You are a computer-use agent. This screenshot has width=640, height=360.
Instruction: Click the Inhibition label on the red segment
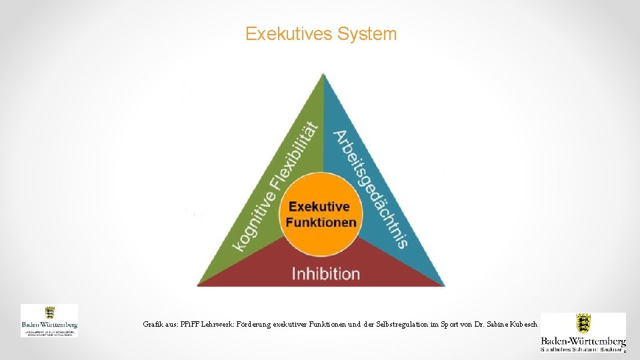tap(326, 273)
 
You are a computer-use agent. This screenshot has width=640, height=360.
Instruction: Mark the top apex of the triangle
tap(323, 75)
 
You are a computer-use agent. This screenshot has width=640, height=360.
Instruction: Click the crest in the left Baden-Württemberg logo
tap(49, 313)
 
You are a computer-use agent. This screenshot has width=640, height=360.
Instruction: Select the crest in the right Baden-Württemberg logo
tap(583, 324)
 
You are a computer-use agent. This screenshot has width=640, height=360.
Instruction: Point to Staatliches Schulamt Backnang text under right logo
tap(583, 349)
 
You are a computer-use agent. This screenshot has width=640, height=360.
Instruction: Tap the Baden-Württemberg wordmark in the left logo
tap(49, 325)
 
